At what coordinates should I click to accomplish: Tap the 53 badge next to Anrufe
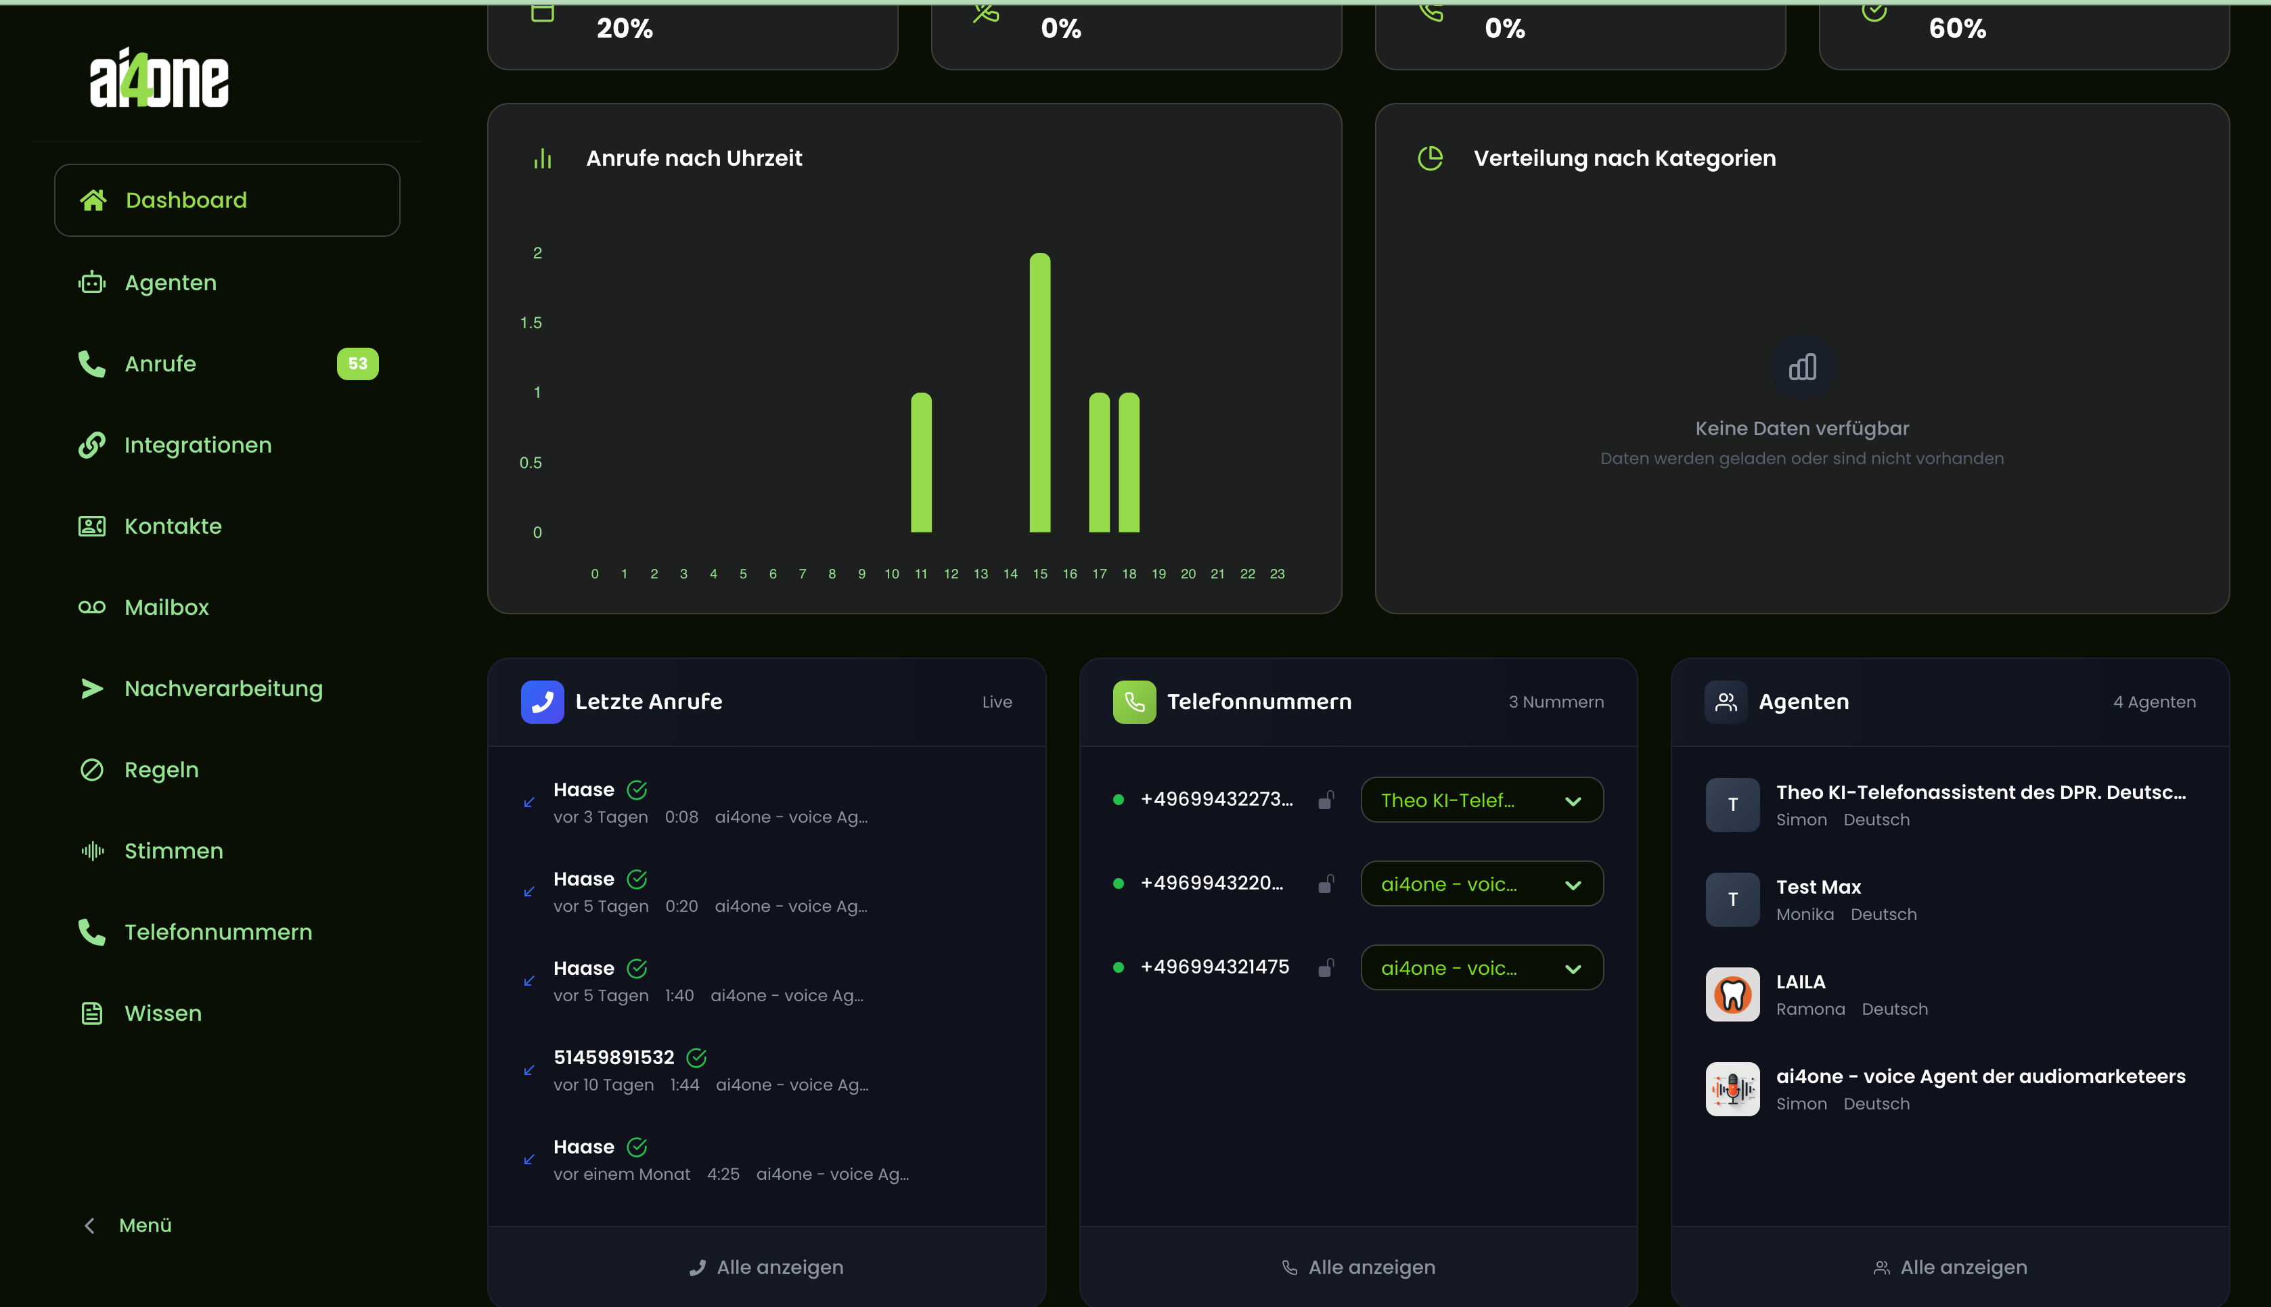pyautogui.click(x=357, y=363)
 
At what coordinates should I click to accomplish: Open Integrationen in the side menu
pyautogui.click(x=198, y=445)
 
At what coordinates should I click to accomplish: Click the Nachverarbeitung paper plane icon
pyautogui.click(x=91, y=689)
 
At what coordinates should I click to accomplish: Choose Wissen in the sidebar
pyautogui.click(x=162, y=1013)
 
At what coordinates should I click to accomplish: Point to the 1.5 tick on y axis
pyautogui.click(x=531, y=322)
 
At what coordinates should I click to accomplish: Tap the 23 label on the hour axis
pyautogui.click(x=1276, y=574)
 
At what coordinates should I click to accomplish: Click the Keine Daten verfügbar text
pyautogui.click(x=1801, y=428)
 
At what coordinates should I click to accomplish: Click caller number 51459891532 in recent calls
pyautogui.click(x=613, y=1057)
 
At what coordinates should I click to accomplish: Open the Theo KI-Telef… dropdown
pyautogui.click(x=1481, y=800)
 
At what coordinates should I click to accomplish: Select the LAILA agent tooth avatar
pyautogui.click(x=1732, y=994)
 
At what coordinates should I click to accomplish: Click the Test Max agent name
pyautogui.click(x=1818, y=887)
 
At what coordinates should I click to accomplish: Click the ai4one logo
pyautogui.click(x=159, y=79)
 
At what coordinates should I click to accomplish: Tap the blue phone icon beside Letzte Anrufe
pyautogui.click(x=542, y=702)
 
